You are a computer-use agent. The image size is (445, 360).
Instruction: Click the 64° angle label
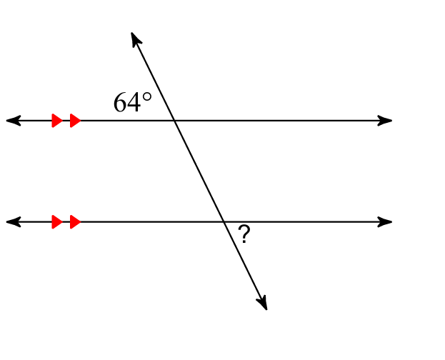[133, 102]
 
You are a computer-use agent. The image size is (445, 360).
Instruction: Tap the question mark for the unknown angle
[244, 234]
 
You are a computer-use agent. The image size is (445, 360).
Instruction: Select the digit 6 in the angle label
[120, 102]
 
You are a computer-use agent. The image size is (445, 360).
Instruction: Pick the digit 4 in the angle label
[134, 102]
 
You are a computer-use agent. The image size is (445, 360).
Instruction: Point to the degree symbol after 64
[146, 97]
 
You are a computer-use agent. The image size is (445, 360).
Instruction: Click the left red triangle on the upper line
[57, 121]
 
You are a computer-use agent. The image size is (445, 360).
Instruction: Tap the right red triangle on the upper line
[75, 121]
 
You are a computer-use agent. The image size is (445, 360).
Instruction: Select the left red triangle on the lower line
[57, 221]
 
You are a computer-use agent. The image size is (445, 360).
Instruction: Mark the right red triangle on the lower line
[75, 221]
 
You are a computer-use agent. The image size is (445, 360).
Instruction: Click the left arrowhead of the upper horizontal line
[14, 121]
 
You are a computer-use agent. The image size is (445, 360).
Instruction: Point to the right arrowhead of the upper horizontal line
[385, 121]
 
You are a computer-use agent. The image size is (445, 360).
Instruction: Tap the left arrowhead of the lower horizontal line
[14, 221]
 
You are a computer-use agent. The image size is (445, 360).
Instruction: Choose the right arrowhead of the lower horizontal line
[385, 221]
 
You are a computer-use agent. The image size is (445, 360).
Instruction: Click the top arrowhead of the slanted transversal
[136, 39]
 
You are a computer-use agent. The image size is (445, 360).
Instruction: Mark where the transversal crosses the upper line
[174, 121]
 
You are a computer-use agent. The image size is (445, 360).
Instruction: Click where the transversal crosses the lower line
[224, 221]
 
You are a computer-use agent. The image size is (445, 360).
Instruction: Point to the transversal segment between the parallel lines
[199, 171]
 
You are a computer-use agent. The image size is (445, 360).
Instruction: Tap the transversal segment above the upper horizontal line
[153, 76]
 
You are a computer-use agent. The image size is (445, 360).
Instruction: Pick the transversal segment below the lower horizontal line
[246, 266]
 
